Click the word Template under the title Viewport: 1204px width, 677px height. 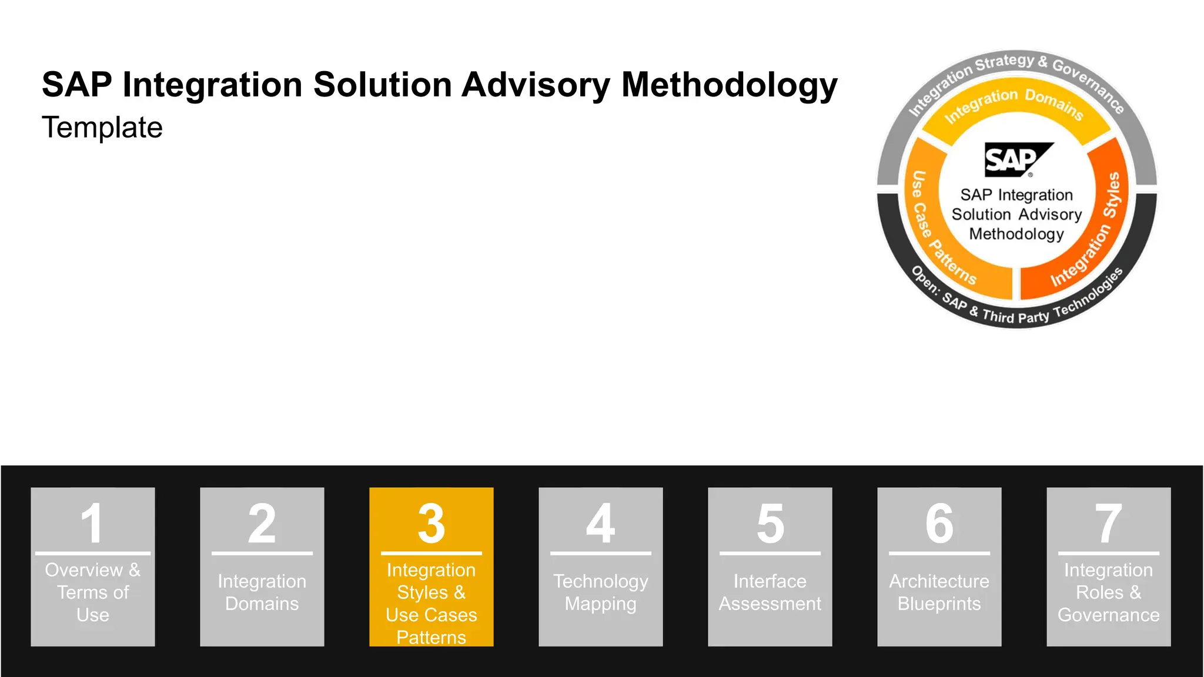[x=102, y=128]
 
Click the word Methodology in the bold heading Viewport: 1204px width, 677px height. [x=729, y=85]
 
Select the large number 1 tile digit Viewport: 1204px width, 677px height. [x=92, y=522]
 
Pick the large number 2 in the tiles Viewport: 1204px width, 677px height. [x=262, y=522]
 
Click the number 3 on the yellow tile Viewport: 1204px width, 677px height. [x=431, y=522]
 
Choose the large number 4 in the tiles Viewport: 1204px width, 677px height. [x=600, y=522]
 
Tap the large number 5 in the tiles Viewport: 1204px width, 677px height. [x=770, y=522]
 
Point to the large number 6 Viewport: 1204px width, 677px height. [x=939, y=522]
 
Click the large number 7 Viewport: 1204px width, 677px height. [x=1108, y=522]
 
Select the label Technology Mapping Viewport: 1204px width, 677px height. [x=600, y=592]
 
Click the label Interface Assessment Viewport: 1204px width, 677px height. [x=770, y=592]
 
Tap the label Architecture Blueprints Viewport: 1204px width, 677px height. [x=939, y=592]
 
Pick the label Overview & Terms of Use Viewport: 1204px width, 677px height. [x=92, y=592]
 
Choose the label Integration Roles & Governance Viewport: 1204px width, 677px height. [x=1108, y=592]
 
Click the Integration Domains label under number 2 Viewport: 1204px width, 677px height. [x=262, y=592]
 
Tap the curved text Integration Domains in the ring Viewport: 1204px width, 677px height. [x=1014, y=102]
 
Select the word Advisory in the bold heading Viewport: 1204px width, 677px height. [x=536, y=85]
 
